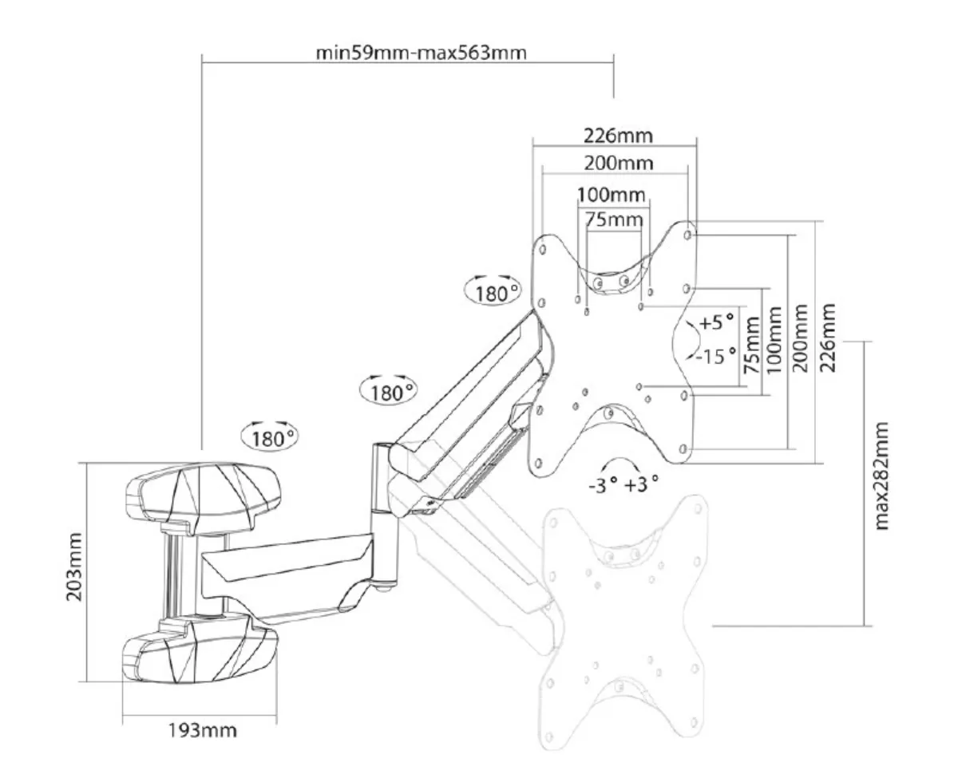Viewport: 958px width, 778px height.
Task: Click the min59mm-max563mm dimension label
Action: pos(421,53)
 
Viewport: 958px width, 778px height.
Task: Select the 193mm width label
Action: pos(203,730)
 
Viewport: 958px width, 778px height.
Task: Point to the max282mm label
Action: pos(881,476)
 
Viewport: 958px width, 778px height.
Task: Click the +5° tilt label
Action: pos(717,322)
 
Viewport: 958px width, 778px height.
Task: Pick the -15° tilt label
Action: pos(716,356)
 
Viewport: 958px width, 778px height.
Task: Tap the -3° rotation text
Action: pos(603,484)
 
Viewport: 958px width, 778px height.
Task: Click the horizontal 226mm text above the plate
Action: pos(618,136)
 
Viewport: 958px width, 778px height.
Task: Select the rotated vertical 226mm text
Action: pos(828,338)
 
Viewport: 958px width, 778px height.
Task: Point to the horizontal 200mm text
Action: pos(619,163)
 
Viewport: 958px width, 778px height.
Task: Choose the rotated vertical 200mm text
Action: pos(800,338)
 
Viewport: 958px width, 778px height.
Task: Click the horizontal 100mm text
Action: pos(612,195)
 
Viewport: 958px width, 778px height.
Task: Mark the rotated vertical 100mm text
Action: pos(774,340)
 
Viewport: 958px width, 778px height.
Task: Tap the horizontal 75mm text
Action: pos(614,219)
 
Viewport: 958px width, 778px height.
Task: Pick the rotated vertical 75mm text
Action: pos(751,345)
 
